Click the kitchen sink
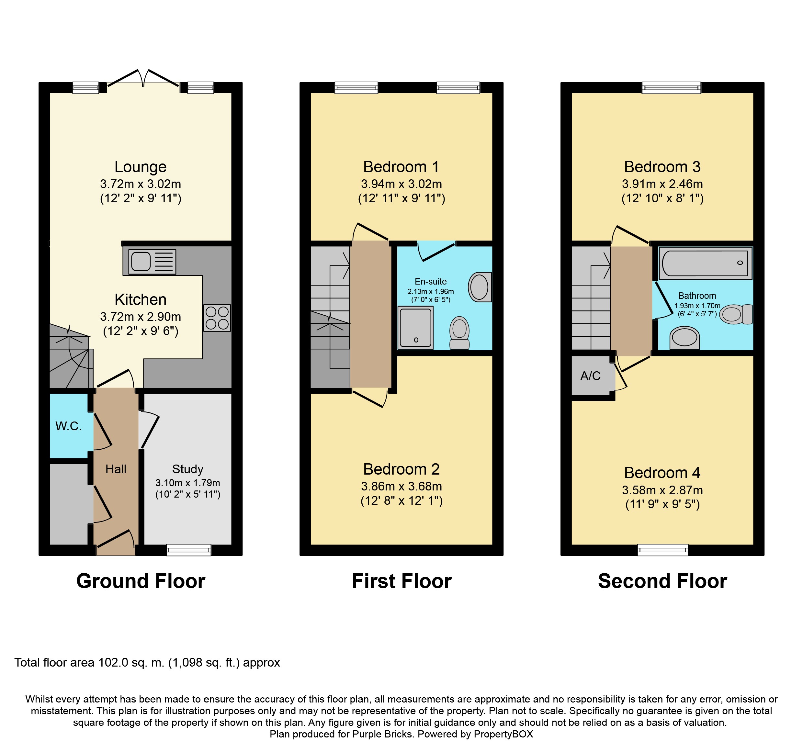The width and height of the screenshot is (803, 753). tap(152, 262)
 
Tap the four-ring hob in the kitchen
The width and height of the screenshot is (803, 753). tap(217, 318)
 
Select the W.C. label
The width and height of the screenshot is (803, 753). tap(68, 426)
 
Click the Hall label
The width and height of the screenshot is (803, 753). tap(116, 469)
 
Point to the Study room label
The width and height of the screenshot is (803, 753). tap(188, 469)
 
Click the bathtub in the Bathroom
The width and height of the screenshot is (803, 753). tap(706, 263)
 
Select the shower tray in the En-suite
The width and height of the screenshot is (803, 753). tap(416, 327)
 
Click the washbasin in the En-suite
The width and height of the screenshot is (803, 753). tap(480, 287)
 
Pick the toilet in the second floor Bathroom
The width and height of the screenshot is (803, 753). tap(736, 314)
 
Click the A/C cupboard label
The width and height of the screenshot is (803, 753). tap(591, 376)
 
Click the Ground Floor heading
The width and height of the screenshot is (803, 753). tap(141, 581)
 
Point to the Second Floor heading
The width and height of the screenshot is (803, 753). tap(662, 581)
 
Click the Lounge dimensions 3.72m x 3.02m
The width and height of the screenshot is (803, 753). tap(141, 184)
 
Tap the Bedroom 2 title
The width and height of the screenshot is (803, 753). tap(401, 469)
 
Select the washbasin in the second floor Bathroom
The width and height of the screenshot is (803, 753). tap(684, 338)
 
